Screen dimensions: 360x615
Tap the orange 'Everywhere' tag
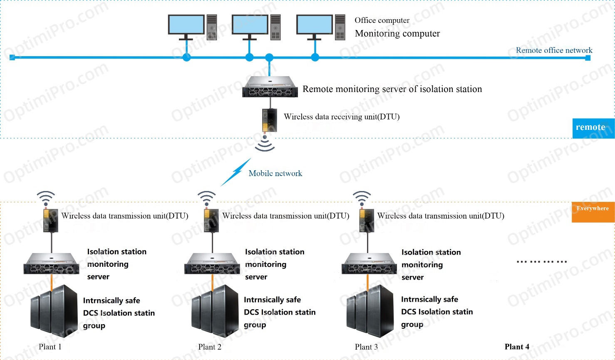[593, 212]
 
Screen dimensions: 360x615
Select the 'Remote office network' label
[554, 50]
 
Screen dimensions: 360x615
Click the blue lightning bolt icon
[236, 172]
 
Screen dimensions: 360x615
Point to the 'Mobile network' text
[275, 174]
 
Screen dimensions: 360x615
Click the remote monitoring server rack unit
[270, 87]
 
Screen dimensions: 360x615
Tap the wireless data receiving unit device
[270, 120]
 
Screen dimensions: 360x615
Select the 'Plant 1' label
[50, 347]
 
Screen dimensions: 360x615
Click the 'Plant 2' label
[210, 347]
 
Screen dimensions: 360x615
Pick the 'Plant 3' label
[366, 347]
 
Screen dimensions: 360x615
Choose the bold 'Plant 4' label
[517, 347]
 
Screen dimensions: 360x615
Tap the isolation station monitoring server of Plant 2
[213, 263]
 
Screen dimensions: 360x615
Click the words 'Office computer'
[382, 20]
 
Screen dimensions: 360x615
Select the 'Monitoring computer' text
[397, 34]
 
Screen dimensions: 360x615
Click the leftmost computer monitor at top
[186, 25]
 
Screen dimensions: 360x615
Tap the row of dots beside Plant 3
[541, 262]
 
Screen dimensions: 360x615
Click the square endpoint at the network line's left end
[12, 57]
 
